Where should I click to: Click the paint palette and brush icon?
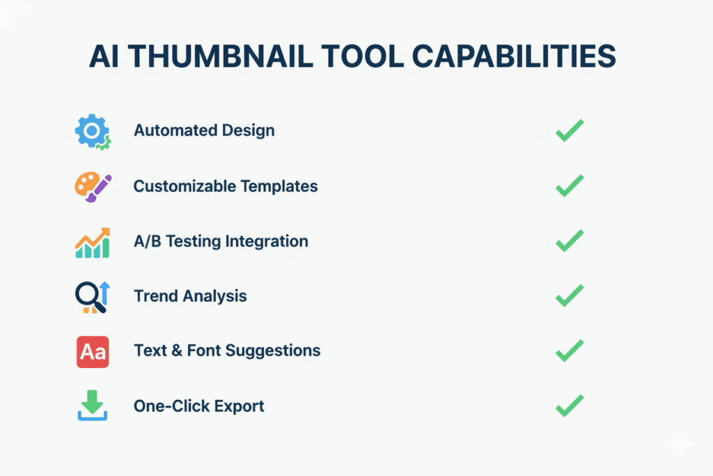(92, 187)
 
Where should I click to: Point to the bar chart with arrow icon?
(92, 243)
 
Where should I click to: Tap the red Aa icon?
(92, 351)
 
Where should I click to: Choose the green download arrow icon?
(92, 406)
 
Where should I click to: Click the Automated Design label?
(204, 130)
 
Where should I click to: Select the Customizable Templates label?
(226, 186)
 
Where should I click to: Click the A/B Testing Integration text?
(221, 241)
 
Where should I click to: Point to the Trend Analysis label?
(190, 296)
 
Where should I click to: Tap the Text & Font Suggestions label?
(227, 351)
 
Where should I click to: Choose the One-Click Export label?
(199, 406)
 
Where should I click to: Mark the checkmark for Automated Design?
(569, 130)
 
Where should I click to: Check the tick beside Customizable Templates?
(569, 185)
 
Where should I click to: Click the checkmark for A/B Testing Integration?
(569, 240)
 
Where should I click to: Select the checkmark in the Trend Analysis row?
(569, 295)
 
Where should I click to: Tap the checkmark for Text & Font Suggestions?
(569, 350)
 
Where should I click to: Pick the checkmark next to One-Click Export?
(569, 405)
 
